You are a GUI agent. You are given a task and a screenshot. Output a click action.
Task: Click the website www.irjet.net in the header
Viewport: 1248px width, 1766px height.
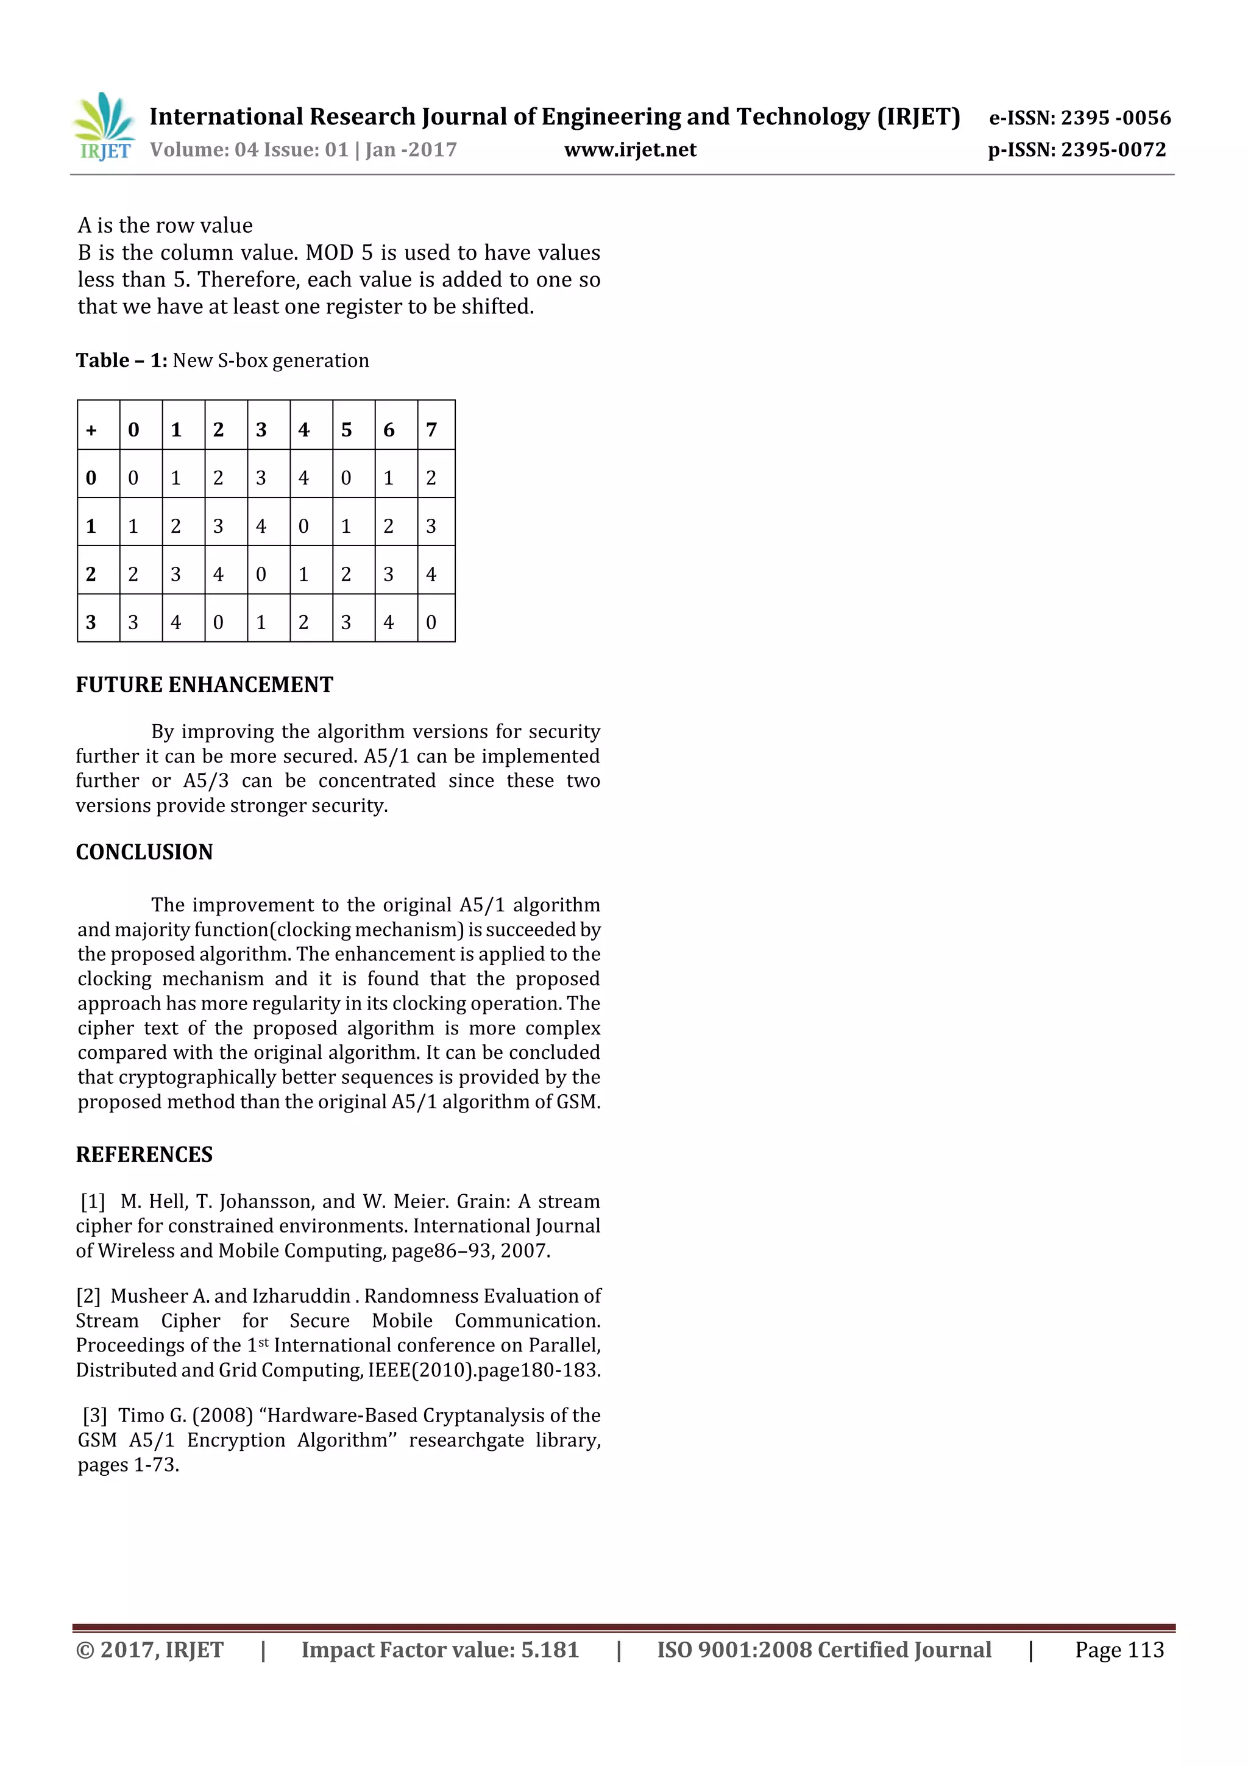tap(629, 150)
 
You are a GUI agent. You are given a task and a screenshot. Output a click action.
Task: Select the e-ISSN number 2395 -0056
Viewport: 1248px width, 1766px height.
tap(1115, 118)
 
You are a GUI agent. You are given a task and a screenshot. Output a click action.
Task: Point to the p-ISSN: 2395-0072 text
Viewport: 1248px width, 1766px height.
tap(1077, 150)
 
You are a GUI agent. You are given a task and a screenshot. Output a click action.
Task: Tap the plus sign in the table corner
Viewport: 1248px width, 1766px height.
tap(91, 430)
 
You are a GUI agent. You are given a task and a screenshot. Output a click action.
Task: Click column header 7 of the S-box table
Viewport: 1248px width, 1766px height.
tap(431, 430)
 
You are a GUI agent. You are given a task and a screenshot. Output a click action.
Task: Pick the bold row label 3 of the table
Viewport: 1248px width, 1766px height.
tap(91, 622)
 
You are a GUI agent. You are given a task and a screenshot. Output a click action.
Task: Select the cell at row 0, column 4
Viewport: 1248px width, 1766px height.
tap(303, 479)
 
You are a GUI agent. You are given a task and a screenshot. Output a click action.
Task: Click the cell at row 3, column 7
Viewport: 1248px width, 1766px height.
tap(431, 622)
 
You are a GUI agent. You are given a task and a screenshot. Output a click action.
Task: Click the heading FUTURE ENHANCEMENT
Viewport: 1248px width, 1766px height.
tap(205, 685)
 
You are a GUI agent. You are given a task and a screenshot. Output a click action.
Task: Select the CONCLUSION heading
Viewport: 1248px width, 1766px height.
tap(144, 852)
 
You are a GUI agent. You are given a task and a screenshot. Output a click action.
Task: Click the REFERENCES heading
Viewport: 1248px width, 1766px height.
tap(144, 1155)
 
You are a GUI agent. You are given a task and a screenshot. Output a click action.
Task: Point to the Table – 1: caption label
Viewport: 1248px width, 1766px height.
tap(121, 361)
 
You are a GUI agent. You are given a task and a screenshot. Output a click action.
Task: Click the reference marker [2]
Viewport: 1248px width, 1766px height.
tap(88, 1296)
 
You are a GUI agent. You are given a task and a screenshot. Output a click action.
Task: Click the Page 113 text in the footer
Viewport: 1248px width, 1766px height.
tap(1119, 1650)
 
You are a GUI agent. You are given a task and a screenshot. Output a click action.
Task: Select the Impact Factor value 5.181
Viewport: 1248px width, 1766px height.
tap(549, 1650)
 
